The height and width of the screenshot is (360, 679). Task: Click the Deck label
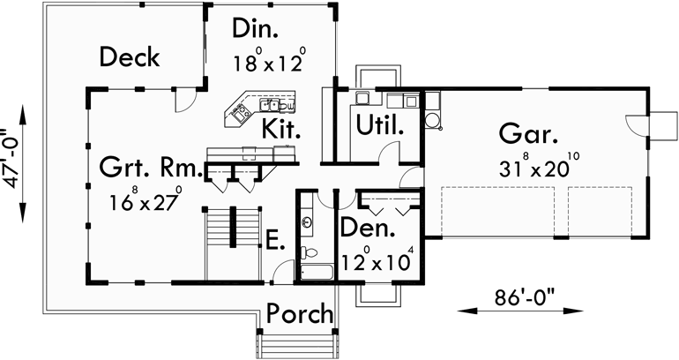(x=129, y=58)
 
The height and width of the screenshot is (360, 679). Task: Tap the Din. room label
(x=256, y=28)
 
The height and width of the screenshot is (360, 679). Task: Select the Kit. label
(x=282, y=130)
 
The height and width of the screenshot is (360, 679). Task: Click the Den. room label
(x=369, y=231)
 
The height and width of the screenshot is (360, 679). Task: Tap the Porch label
(x=300, y=313)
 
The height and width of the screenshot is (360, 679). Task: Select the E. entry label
(x=274, y=239)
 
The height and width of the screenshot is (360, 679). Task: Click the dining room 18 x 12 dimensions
(x=269, y=62)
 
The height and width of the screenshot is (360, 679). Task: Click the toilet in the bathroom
(x=310, y=253)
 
